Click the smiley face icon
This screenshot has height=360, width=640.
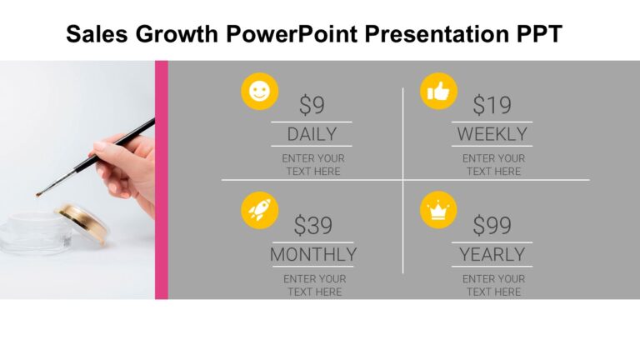click(x=259, y=92)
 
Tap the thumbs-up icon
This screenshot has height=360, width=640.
click(x=438, y=92)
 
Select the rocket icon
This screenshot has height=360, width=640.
click(x=259, y=210)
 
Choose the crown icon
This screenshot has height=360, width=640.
click(x=438, y=210)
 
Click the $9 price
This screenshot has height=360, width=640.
click(x=312, y=106)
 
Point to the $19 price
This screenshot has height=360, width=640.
click(x=492, y=106)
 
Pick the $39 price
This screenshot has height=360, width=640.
click(x=312, y=226)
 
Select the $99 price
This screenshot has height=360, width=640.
click(x=492, y=226)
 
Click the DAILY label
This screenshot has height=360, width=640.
click(x=312, y=134)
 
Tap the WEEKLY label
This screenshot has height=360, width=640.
click(x=492, y=134)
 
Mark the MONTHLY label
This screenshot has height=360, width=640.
click(x=312, y=254)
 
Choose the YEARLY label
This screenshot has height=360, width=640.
click(x=492, y=254)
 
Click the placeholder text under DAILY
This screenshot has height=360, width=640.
click(x=312, y=165)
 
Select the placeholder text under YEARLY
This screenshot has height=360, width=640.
click(x=492, y=285)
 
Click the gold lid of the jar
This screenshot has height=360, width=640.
click(x=82, y=222)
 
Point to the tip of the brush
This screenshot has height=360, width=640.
click(x=38, y=194)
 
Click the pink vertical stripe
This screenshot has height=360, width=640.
click(x=162, y=179)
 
